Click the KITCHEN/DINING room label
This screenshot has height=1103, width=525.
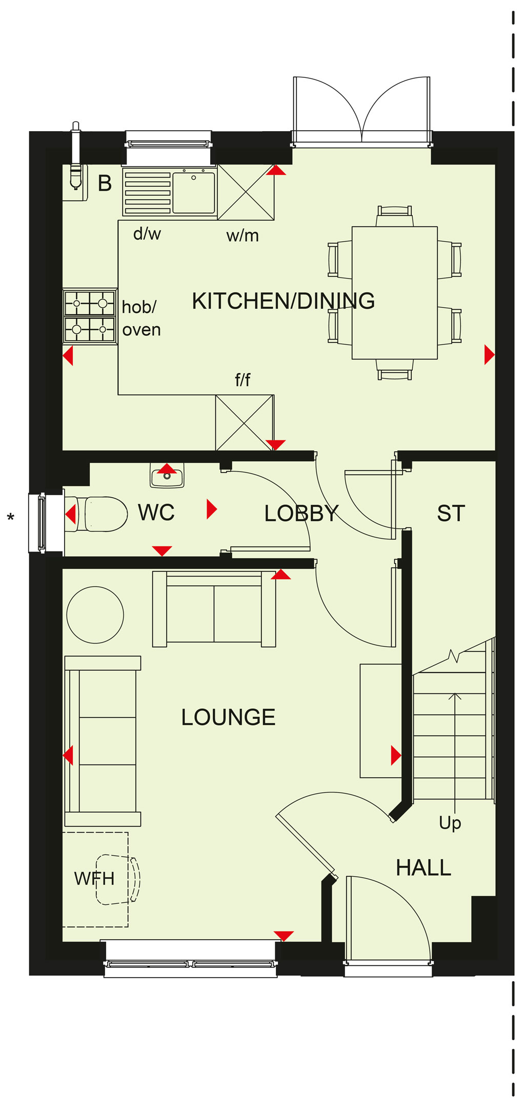point(283,301)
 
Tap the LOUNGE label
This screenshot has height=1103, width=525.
point(228,717)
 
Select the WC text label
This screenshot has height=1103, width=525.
point(156,513)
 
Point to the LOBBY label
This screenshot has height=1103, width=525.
point(301,513)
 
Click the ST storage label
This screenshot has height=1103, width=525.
point(451,513)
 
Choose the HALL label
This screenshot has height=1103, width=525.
point(423,868)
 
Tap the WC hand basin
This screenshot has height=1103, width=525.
point(167,475)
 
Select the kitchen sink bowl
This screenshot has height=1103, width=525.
point(194,193)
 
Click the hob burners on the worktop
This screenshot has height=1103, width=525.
point(90,316)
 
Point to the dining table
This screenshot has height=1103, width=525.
point(395,292)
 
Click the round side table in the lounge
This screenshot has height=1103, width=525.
point(95,614)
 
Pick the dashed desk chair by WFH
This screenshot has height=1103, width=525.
point(118,879)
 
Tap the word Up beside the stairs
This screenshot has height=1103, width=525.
point(450,823)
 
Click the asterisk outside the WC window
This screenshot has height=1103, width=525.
point(11,518)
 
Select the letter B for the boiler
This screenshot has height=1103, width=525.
point(105,183)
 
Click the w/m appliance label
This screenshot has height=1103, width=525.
point(243,236)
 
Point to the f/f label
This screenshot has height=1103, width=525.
point(243,379)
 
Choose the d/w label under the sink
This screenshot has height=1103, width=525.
point(147,234)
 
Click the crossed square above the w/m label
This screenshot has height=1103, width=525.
point(246,192)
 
